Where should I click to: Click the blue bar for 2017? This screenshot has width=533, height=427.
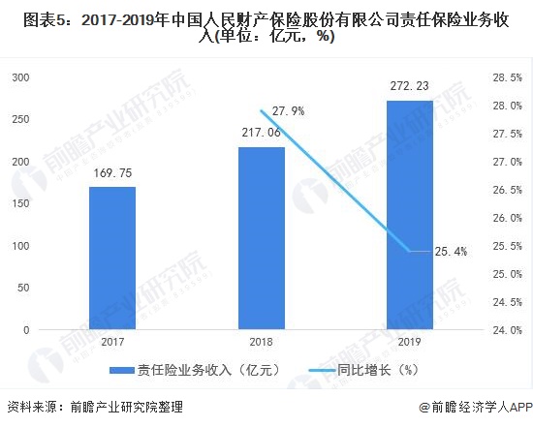pyautogui.click(x=112, y=258)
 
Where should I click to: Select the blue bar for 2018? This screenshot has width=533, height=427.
pyautogui.click(x=262, y=238)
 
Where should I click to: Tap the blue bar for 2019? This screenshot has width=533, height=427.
pyautogui.click(x=410, y=215)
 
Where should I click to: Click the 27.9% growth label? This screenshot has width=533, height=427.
pyautogui.click(x=288, y=111)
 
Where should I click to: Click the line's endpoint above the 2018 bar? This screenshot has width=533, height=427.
pyautogui.click(x=262, y=110)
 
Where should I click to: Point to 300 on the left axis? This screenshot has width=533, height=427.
pyautogui.click(x=18, y=77)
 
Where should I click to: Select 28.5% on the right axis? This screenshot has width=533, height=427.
pyautogui.click(x=508, y=77)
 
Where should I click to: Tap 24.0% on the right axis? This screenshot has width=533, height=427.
pyautogui.click(x=508, y=330)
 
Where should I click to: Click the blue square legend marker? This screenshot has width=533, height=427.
pyautogui.click(x=115, y=370)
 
